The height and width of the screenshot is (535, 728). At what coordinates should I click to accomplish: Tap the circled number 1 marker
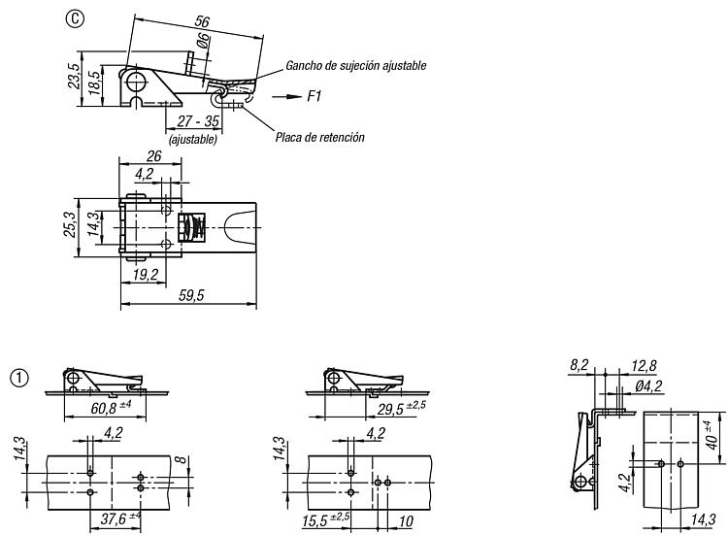click(x=19, y=378)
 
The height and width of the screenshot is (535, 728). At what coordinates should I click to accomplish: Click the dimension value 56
click(x=202, y=21)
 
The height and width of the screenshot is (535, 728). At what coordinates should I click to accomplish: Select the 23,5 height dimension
click(x=74, y=76)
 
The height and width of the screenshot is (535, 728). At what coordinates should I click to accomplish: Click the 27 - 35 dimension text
click(x=198, y=121)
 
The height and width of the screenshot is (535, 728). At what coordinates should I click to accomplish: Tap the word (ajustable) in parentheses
click(x=193, y=139)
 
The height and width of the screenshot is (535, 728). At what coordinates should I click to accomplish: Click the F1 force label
click(x=314, y=96)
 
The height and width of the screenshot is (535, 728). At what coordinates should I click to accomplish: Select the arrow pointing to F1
click(x=286, y=96)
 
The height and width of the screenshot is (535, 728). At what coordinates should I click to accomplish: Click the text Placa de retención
click(x=320, y=137)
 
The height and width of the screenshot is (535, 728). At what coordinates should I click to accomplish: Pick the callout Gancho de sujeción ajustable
click(x=355, y=65)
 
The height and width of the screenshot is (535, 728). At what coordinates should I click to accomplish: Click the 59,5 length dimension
click(x=191, y=295)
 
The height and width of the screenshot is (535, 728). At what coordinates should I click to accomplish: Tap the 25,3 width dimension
click(x=70, y=224)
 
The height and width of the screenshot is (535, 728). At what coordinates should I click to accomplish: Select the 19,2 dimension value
click(x=146, y=275)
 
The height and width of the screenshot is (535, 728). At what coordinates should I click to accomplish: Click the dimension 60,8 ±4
click(x=111, y=407)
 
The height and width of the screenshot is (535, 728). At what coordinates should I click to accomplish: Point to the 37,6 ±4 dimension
click(x=120, y=518)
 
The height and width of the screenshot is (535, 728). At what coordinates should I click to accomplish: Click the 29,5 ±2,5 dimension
click(x=401, y=408)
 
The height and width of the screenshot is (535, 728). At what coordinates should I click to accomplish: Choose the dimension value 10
click(x=406, y=521)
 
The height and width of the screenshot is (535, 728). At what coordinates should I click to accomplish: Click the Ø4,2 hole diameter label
click(x=648, y=385)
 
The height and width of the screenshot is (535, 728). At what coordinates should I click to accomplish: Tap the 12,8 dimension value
click(x=644, y=366)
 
